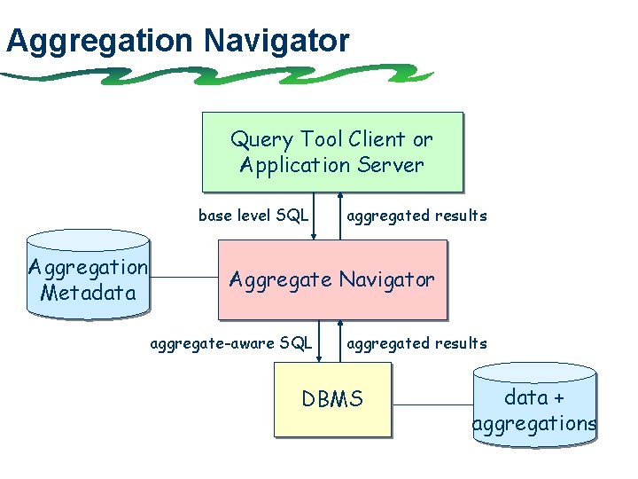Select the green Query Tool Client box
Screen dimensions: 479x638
coord(332,152)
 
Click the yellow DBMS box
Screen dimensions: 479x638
coord(332,399)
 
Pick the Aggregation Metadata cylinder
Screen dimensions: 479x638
coord(88,277)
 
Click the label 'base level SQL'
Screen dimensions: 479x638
coord(253,216)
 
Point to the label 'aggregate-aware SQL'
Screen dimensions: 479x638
coord(232,343)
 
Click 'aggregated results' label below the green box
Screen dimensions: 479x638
coord(416,216)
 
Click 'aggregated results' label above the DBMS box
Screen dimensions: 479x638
coord(416,343)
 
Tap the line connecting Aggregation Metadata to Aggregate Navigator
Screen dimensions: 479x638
coord(183,277)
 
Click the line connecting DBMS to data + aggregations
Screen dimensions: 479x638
coord(432,406)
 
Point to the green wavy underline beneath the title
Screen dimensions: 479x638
coord(222,75)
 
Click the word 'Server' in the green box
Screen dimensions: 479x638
coord(392,165)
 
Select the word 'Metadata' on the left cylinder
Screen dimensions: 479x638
coord(89,292)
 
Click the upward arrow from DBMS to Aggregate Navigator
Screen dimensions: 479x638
coord(340,342)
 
